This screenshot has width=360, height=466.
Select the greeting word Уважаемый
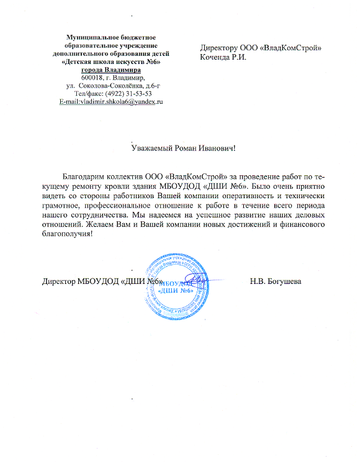pos(153,147)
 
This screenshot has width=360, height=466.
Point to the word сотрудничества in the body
pos(101,214)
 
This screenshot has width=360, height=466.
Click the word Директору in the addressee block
pos(222,48)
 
